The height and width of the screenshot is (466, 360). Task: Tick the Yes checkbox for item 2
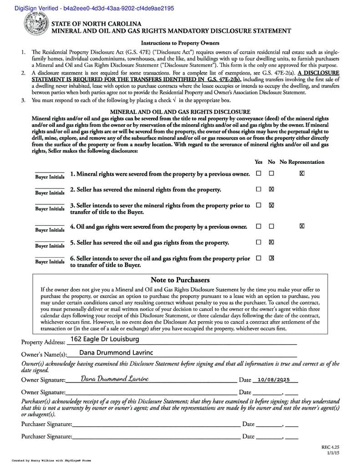[259, 189]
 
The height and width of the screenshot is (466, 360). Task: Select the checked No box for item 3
[272, 205]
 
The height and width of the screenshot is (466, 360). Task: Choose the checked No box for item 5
[272, 242]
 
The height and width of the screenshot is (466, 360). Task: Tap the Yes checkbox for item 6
[259, 258]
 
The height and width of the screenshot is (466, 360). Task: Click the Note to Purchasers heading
[180, 280]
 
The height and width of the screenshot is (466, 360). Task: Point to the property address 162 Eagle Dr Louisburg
[105, 339]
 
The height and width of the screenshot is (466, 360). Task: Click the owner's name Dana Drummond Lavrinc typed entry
[117, 352]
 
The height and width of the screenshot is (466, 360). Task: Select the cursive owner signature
[115, 379]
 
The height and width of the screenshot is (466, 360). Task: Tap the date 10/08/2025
[274, 380]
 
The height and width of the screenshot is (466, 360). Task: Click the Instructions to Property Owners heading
[180, 43]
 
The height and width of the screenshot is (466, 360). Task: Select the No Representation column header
[302, 162]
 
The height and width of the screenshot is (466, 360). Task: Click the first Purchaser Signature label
[46, 424]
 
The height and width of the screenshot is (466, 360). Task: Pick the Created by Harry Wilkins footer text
[51, 460]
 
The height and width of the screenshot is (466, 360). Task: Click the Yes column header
[259, 162]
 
